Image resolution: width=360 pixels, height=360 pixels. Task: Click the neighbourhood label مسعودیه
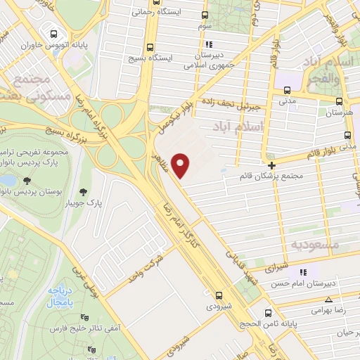314,244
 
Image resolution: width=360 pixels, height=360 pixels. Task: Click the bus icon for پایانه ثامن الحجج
266,313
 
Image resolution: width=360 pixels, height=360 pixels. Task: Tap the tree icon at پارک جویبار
84,191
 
